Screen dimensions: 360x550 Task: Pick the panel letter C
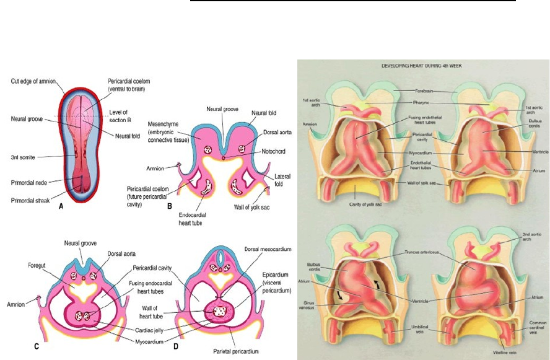coord(37,346)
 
